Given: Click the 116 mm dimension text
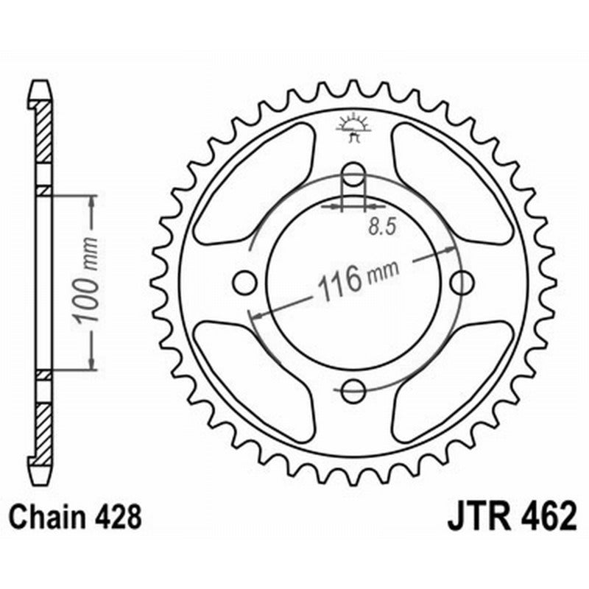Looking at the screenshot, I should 356,278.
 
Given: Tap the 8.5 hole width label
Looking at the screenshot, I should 380,228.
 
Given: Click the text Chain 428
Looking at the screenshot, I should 76,518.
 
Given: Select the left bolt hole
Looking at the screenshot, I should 244,282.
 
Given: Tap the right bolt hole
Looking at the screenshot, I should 462,282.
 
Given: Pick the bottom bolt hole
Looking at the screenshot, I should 353,390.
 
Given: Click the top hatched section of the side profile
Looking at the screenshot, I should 45,133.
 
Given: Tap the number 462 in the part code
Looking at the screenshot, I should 546,518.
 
